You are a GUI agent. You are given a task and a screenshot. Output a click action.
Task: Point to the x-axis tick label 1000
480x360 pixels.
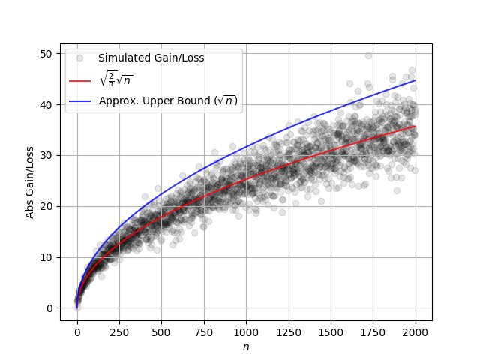point(246,332)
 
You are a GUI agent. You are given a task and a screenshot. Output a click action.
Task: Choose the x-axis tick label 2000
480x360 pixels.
point(415,332)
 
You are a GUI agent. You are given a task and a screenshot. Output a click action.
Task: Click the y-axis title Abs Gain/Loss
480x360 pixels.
point(30,181)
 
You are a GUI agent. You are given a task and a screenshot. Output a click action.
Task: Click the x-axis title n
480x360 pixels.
point(246,346)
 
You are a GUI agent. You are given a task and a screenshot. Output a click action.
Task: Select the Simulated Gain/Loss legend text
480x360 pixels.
point(151,58)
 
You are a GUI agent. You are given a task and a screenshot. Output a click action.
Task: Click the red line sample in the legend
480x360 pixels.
point(79,80)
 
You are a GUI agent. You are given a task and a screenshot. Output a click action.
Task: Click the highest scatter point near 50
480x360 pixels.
point(368,55)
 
